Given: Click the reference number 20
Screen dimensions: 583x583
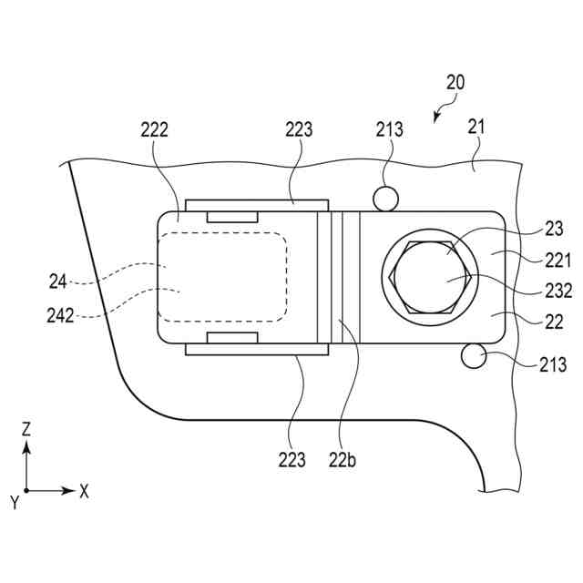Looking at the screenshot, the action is (455, 82).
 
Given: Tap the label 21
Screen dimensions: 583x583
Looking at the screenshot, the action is (476, 128).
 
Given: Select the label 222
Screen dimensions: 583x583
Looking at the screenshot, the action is (155, 129).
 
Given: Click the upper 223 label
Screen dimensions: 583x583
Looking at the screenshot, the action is (297, 129).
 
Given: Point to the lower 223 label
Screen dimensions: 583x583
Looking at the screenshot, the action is (291, 460).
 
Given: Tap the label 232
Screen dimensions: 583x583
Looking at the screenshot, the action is (557, 291).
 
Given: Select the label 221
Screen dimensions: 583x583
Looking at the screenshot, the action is (557, 260).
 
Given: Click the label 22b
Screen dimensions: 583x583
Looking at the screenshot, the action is (343, 460).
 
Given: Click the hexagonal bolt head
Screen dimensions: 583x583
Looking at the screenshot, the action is (429, 277).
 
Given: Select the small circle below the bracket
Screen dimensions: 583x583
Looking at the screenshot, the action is (473, 356).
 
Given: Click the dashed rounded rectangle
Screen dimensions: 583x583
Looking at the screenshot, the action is (223, 278).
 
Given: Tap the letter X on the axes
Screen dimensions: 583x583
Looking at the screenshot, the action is (84, 491).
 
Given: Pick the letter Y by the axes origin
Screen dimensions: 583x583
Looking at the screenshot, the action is (14, 502).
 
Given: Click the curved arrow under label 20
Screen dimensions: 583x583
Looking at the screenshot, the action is (442, 111).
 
